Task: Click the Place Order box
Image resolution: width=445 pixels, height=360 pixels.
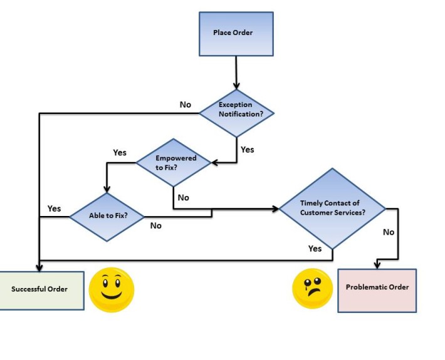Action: pos(236,33)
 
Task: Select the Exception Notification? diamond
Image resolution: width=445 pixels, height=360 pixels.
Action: pos(237,112)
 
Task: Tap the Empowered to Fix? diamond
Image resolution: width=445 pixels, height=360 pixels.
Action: pos(174,162)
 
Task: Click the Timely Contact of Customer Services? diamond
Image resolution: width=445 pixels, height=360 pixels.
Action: pos(332,208)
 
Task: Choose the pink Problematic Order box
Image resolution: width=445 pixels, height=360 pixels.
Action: pos(377,287)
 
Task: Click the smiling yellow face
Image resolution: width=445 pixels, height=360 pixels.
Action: pos(112,289)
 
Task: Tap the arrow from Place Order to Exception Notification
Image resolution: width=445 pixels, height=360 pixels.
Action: pos(236,72)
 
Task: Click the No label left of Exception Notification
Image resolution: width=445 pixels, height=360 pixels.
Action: pos(185,105)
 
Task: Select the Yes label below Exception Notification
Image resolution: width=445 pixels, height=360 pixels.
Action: pos(248,150)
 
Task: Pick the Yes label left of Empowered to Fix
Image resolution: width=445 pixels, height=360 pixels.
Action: pos(120,152)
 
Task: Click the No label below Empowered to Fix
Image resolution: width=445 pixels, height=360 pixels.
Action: pos(183,197)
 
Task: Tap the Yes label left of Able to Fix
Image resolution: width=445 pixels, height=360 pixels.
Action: pos(55,208)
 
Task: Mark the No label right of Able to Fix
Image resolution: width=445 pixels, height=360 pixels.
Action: pos(155,225)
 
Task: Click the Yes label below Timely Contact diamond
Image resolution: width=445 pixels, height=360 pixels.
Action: pos(315,249)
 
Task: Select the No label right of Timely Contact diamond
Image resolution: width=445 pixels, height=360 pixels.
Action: pos(389,232)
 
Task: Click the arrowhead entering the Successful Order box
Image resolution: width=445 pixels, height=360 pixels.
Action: pos(39,267)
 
